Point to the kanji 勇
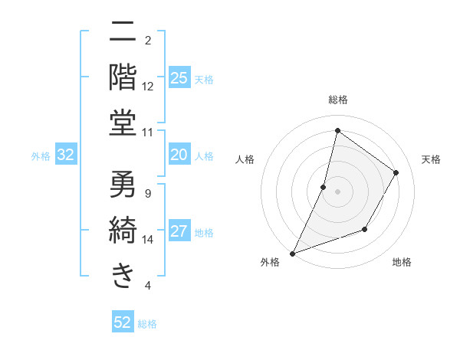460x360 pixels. coord(123,185)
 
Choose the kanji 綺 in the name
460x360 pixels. coord(123,229)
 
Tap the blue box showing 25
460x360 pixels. coord(179,77)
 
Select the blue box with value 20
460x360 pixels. coord(179,155)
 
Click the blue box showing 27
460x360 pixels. coord(179,232)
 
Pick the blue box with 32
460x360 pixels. coord(66,155)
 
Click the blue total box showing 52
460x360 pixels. coord(123,322)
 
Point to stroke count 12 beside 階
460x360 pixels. coord(148,86)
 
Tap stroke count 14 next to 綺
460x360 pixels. coord(148,240)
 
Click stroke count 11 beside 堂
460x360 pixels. coord(148,132)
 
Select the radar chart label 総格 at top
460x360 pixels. coord(337,100)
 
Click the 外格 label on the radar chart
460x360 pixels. coord(270,262)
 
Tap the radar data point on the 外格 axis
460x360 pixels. coord(292,253)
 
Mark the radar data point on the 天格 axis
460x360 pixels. coord(396,172)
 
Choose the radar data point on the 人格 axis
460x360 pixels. coord(324,187)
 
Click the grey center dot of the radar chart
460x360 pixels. coord(337,191)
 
